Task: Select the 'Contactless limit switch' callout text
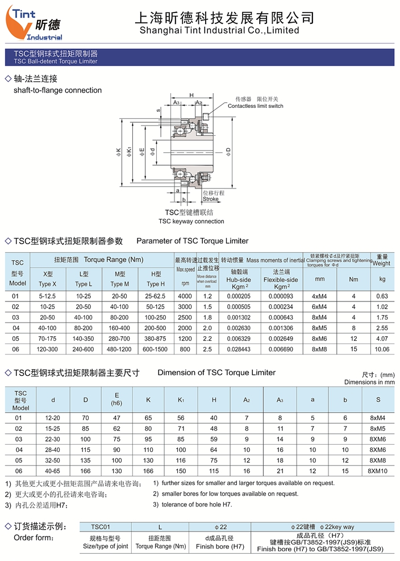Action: pos(255,106)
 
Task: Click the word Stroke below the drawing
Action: pos(210,199)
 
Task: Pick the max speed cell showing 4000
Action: pos(185,296)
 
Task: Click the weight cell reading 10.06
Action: pos(382,349)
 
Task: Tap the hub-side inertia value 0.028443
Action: pos(238,349)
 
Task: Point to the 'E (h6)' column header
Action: pos(117,399)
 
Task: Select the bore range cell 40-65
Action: pos(53,471)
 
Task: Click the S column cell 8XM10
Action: pos(378,471)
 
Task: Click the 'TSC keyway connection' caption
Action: pos(191,221)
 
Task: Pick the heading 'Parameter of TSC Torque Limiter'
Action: pos(193,241)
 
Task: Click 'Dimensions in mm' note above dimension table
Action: pos(369,382)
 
